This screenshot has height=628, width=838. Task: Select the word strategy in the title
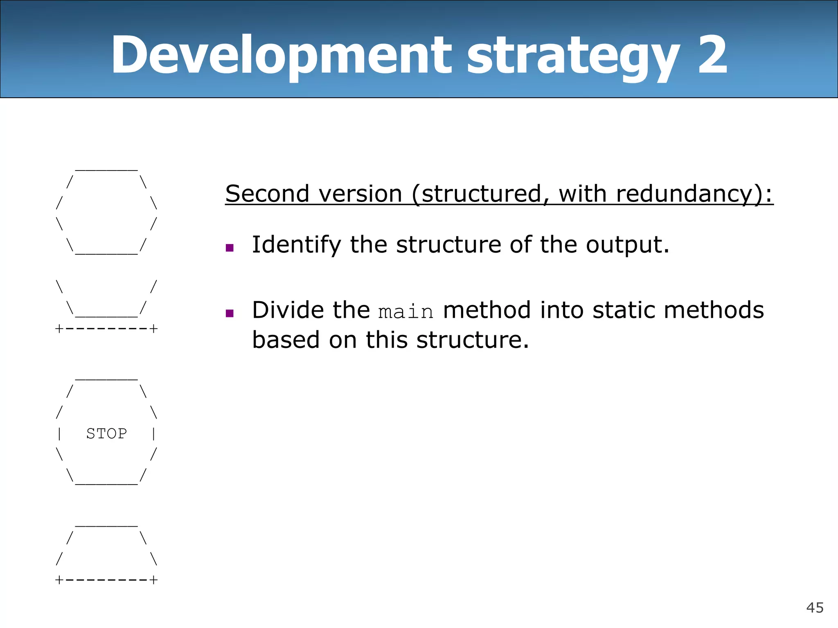[x=573, y=57]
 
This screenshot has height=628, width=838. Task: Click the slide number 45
[x=815, y=608]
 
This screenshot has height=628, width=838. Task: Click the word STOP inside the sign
[x=106, y=433]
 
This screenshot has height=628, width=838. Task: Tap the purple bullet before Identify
[x=230, y=248]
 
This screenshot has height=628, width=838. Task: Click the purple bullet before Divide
[x=230, y=314]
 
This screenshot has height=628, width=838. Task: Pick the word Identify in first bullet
[x=296, y=245]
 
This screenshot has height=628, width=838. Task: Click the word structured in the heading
[x=481, y=194]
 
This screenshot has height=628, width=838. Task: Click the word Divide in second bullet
[x=288, y=310]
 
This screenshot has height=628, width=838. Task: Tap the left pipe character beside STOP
[x=60, y=433]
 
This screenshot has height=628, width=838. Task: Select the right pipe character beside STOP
[x=153, y=433]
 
